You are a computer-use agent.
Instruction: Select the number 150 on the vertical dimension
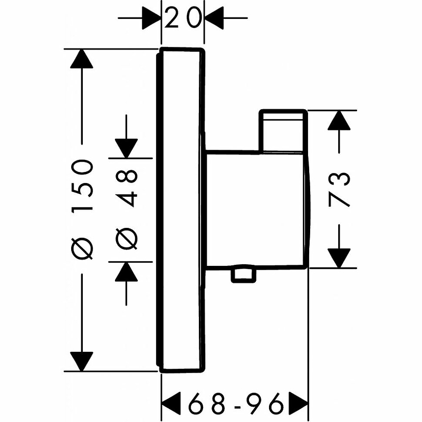(83, 185)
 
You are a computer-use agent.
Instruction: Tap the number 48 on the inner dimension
(127, 188)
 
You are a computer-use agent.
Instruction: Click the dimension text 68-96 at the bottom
(235, 405)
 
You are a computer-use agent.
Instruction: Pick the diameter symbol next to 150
(83, 248)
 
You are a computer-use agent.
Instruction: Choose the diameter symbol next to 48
(127, 238)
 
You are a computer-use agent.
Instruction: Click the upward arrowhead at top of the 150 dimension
(82, 59)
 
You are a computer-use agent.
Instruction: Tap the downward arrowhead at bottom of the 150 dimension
(82, 361)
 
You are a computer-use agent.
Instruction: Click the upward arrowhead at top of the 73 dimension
(339, 121)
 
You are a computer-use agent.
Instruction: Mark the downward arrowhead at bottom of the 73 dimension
(339, 257)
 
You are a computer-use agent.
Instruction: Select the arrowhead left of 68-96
(171, 405)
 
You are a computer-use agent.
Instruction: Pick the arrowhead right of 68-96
(298, 405)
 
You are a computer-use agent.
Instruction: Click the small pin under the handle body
(243, 275)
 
